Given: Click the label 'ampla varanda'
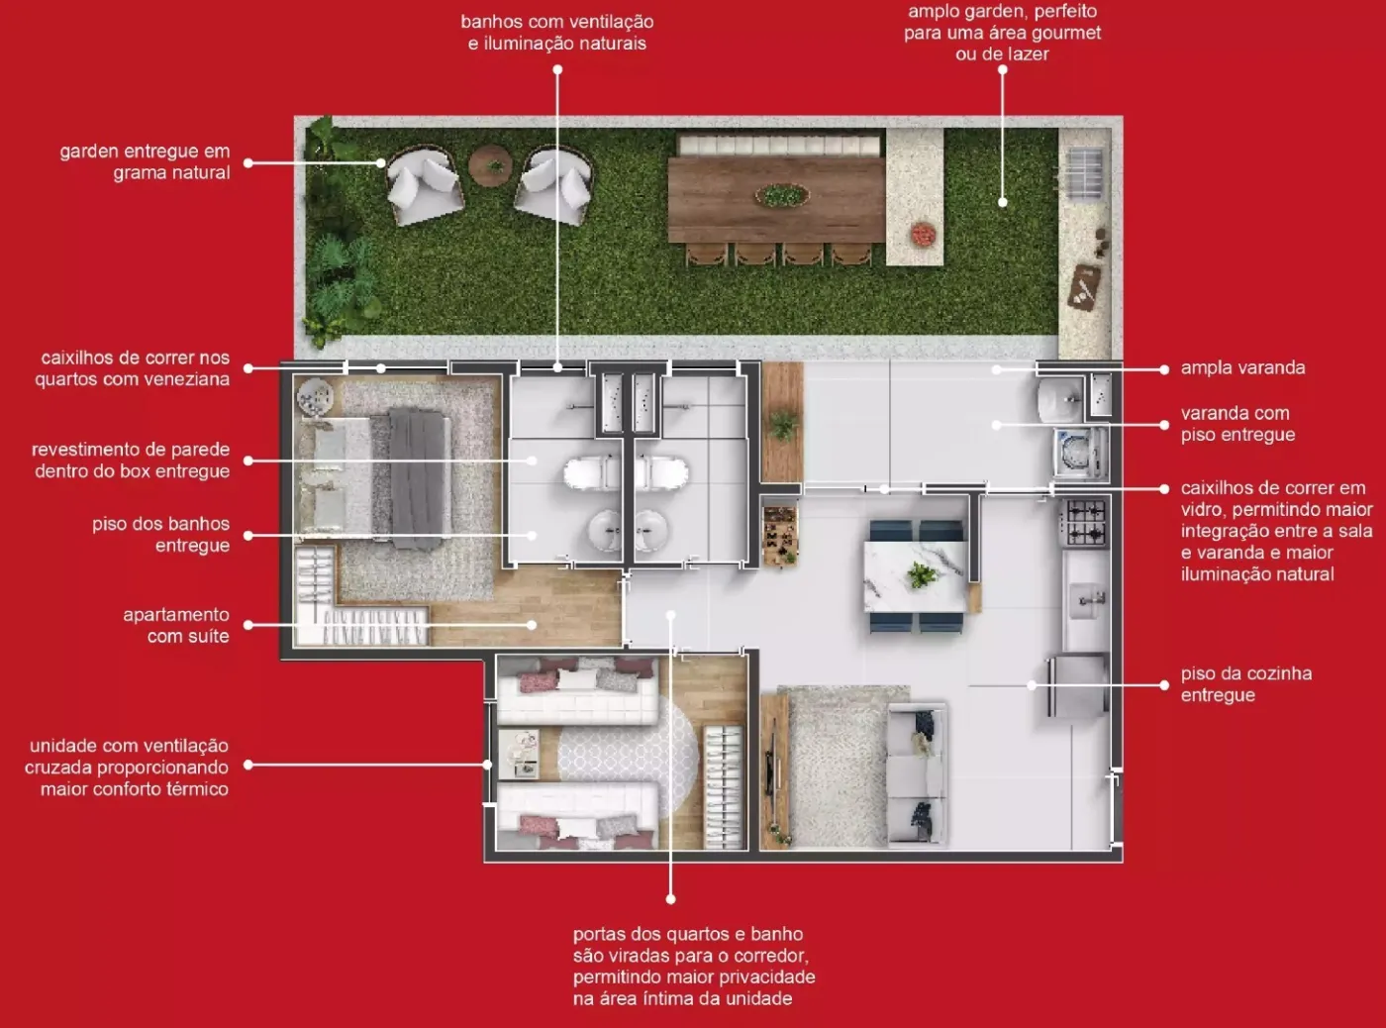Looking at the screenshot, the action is (x=1242, y=367).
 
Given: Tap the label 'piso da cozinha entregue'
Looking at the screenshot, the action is (x=1246, y=684).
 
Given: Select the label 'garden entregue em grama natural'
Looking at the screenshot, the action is (x=145, y=162).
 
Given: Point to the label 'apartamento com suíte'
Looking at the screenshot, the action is (x=176, y=625).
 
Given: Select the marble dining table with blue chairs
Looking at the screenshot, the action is (x=916, y=576).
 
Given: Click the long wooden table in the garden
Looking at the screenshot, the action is (x=776, y=199).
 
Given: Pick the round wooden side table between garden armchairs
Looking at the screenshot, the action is (x=491, y=165).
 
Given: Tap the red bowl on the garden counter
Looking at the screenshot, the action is (x=924, y=234).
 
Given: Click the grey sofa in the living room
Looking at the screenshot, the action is (x=918, y=774).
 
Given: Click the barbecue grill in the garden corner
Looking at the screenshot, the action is (x=1084, y=174).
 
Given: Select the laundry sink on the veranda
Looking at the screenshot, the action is (x=1060, y=398).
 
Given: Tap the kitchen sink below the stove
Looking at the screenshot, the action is (x=1087, y=600).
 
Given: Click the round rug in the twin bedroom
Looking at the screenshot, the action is (x=627, y=756).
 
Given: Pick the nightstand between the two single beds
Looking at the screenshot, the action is (x=519, y=754).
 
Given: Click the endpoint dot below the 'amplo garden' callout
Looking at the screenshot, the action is (x=1002, y=202).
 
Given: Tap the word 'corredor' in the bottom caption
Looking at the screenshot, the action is (x=770, y=956).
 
